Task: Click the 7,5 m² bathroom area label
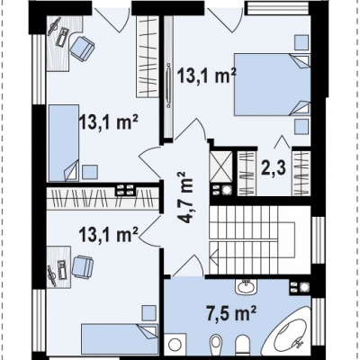click(x=230, y=314)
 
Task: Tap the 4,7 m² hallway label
click(x=185, y=197)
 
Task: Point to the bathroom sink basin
click(x=246, y=287)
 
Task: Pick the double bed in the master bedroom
click(x=272, y=85)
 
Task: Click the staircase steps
click(x=251, y=240)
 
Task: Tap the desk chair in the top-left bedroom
click(x=82, y=49)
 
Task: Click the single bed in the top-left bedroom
click(x=64, y=143)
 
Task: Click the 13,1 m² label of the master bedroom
click(x=206, y=76)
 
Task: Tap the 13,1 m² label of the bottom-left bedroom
click(x=109, y=234)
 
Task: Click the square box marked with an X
click(x=221, y=166)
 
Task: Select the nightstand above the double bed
click(x=301, y=42)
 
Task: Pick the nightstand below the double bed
click(x=301, y=127)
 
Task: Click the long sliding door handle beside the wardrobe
click(x=168, y=85)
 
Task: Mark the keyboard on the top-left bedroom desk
click(x=61, y=37)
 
